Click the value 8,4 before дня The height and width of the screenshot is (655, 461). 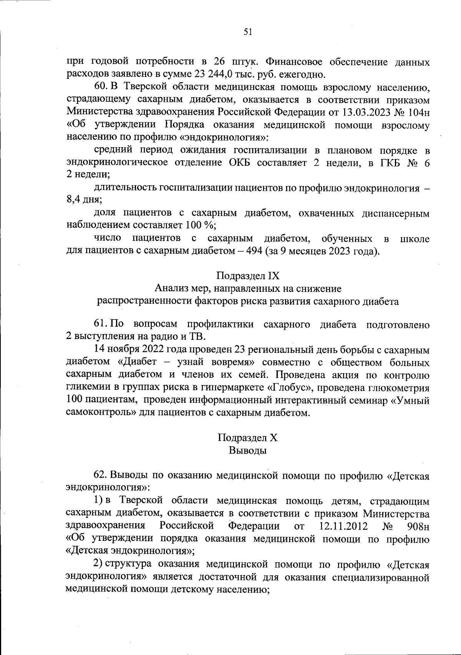73,200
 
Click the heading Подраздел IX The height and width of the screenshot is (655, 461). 248,276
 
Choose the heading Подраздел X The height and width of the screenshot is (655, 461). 248,438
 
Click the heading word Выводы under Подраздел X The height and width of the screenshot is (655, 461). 248,451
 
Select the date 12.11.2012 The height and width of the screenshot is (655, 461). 343,526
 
